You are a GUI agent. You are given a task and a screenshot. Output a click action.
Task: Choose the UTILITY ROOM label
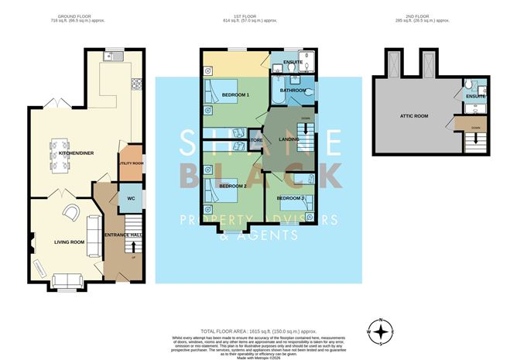tap(131, 163)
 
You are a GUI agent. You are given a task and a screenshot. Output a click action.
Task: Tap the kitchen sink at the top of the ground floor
tap(114, 57)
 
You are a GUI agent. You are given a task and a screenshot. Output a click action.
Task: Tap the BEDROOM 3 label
tap(291, 198)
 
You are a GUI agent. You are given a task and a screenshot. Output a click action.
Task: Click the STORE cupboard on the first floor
tap(256, 140)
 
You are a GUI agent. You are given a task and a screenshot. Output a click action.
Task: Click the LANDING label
tap(289, 139)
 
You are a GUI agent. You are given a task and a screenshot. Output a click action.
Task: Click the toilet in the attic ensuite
tap(470, 86)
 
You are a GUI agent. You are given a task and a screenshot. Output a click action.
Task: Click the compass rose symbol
tap(380, 331)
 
